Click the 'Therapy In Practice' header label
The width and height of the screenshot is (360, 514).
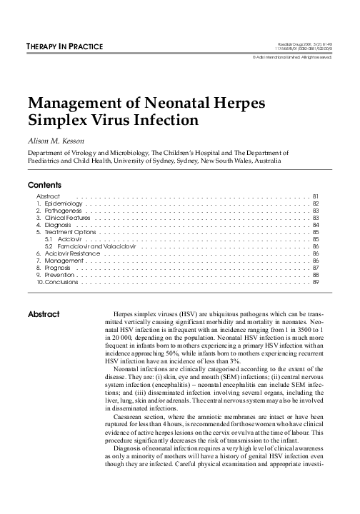65,47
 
